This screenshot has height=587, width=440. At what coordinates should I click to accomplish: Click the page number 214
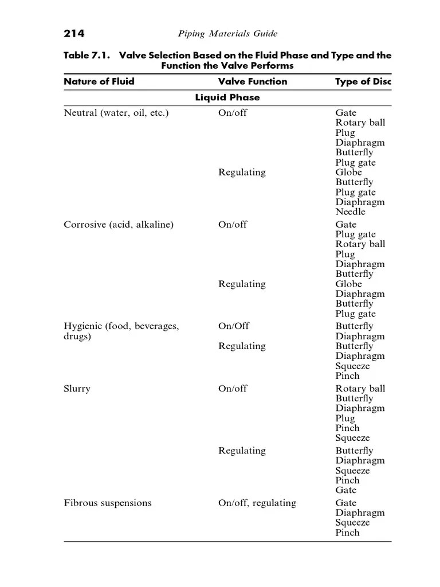pos(74,34)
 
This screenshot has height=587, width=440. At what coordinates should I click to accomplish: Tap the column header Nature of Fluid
pos(99,81)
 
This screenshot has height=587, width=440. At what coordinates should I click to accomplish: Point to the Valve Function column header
pos(253,81)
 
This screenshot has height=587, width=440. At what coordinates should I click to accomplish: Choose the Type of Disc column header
pos(363,81)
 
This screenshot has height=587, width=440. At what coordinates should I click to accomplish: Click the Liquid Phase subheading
pos(227,97)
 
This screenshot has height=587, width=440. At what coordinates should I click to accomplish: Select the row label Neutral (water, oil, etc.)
pos(116,113)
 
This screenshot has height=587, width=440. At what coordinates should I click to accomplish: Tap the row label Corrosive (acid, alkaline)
pos(118,225)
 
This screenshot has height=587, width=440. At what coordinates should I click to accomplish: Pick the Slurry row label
pos(77,389)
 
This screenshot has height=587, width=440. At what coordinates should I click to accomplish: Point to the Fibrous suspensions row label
pos(107,503)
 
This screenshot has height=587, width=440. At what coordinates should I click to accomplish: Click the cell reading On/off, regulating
pos(257,503)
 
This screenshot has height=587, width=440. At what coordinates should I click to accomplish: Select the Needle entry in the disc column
pos(350,212)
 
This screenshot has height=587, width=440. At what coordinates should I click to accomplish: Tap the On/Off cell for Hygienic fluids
pos(234,326)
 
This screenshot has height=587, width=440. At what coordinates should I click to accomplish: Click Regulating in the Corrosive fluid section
pos(242,284)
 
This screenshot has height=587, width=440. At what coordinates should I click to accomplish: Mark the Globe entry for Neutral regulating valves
pos(349,173)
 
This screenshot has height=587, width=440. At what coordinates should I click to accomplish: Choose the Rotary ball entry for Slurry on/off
pos(360,389)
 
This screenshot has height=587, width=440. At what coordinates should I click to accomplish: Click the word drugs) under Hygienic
pos(77,336)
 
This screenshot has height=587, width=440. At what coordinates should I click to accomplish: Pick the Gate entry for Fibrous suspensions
pos(346,503)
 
